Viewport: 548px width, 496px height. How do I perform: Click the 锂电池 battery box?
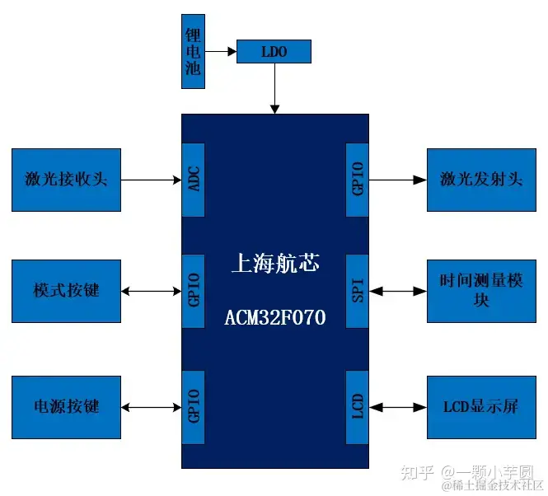(x=193, y=50)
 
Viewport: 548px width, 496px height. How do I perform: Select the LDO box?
(x=274, y=52)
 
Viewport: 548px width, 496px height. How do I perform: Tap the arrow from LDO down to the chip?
(x=275, y=89)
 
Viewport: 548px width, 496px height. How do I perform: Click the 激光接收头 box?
(x=66, y=179)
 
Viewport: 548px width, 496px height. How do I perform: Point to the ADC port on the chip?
(x=194, y=179)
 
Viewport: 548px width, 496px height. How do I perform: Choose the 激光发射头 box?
(x=481, y=179)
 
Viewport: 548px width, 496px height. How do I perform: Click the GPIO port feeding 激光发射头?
(x=358, y=179)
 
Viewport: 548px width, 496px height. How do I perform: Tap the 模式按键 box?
(x=66, y=290)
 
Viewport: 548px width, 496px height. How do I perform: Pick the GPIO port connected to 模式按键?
(x=194, y=290)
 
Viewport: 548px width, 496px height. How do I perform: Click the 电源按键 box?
(x=66, y=407)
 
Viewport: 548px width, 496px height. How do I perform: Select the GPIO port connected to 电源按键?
(x=194, y=407)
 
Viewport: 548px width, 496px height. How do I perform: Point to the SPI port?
(x=358, y=290)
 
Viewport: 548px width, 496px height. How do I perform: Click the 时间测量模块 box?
(x=481, y=290)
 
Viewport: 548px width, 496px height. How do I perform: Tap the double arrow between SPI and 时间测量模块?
(x=398, y=290)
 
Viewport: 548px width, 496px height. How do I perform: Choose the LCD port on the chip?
(x=358, y=407)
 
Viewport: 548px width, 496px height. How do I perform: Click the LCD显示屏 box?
(x=481, y=407)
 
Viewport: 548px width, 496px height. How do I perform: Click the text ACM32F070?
(x=275, y=317)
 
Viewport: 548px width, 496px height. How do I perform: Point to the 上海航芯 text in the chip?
(x=275, y=264)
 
